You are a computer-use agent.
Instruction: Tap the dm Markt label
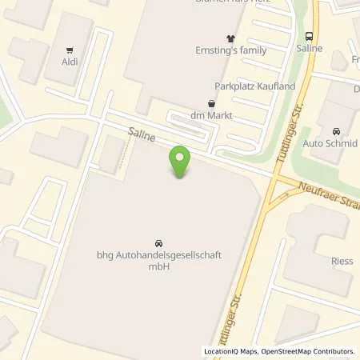211,116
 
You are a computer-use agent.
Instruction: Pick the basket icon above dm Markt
211,103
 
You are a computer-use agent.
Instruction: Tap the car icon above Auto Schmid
336,131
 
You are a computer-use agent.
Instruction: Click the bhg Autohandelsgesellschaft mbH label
158,261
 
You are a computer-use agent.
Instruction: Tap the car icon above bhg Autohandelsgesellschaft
158,242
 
